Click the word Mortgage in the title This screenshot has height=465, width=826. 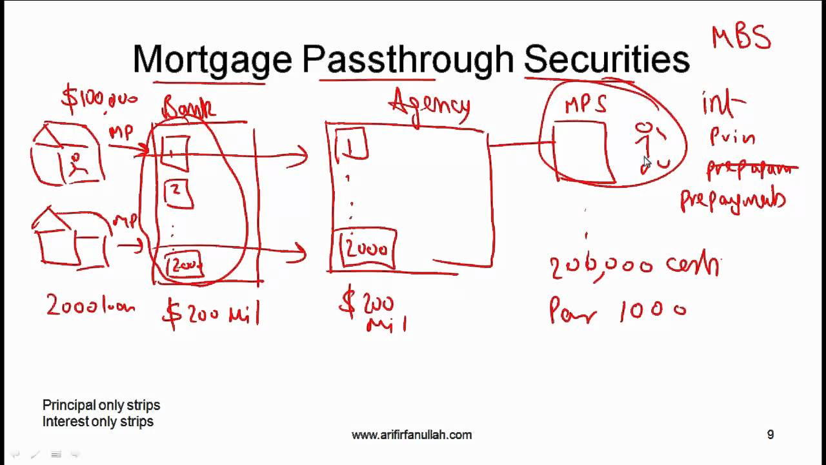(x=212, y=60)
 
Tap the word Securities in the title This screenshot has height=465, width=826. (x=607, y=59)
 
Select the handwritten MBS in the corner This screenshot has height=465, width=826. (x=741, y=37)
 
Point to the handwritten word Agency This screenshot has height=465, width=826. (x=429, y=107)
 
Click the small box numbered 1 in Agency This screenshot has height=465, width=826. (x=351, y=145)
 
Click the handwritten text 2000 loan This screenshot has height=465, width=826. (x=90, y=305)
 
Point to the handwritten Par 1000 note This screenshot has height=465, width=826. (x=617, y=311)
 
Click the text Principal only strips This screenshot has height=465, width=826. (x=101, y=406)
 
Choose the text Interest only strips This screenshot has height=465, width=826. (x=98, y=422)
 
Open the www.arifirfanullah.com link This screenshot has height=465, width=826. (x=412, y=435)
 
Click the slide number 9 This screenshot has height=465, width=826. (x=770, y=435)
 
